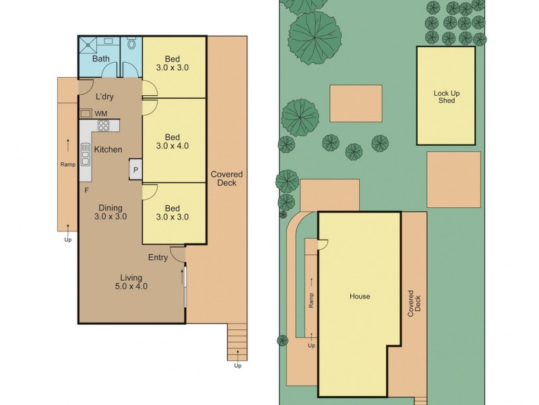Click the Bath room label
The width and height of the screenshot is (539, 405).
(x=101, y=59)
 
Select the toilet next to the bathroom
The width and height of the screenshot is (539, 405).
(x=132, y=45)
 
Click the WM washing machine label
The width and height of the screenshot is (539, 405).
(x=100, y=113)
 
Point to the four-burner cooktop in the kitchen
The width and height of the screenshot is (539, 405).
(x=104, y=126)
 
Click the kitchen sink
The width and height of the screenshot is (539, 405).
(x=86, y=155)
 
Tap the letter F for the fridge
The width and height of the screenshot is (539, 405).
(x=86, y=190)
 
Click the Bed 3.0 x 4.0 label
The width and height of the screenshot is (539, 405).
(x=172, y=140)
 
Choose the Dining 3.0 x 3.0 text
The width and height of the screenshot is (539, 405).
(x=111, y=212)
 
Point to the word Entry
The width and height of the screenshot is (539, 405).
(x=158, y=258)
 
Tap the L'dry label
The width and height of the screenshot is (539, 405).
(x=104, y=97)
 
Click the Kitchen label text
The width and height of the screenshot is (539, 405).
(x=108, y=149)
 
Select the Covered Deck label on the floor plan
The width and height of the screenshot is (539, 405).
(x=227, y=178)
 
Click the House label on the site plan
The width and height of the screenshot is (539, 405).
(x=360, y=296)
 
